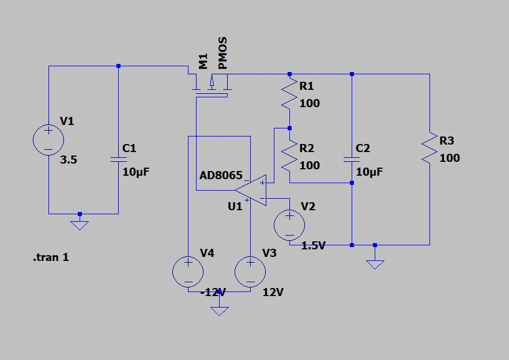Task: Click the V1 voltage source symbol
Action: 48,140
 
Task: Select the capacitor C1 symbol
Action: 119,159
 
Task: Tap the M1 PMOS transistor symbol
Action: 212,86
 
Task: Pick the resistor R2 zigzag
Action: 289,156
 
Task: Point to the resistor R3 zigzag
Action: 429,147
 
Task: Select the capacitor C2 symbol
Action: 352,159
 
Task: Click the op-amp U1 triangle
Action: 251,191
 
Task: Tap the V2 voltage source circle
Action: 289,225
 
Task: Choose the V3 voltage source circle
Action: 250,272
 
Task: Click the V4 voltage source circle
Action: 188,272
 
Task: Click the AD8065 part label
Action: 221,176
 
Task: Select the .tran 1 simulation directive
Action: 51,257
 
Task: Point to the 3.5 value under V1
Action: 69,160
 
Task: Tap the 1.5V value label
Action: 313,245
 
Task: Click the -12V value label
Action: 213,292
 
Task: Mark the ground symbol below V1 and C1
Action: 80,224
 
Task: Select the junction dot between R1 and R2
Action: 289,128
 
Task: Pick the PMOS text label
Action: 223,53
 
